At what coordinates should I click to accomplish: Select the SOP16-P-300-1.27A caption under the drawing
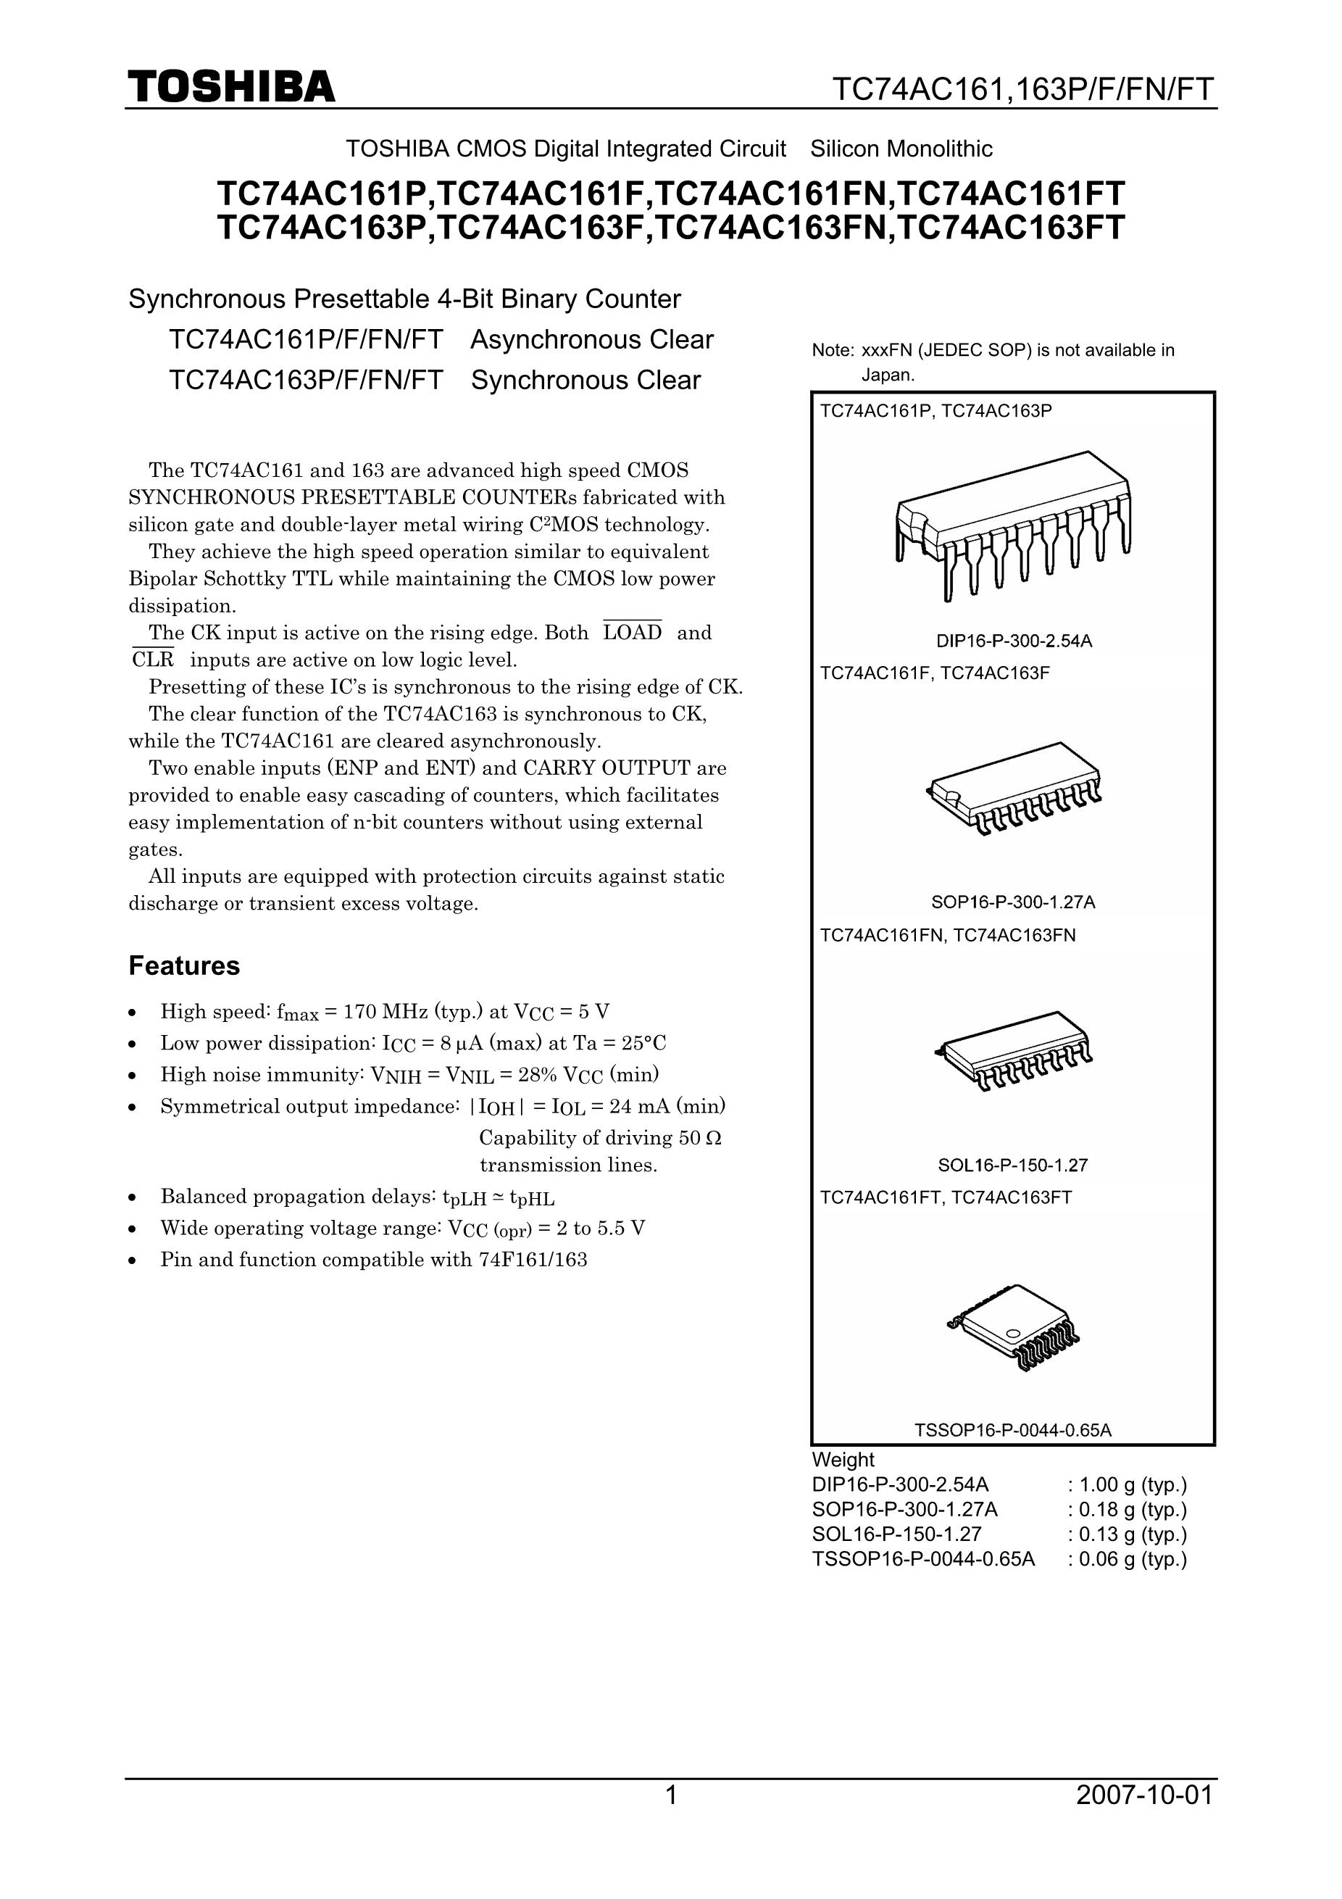[1013, 902]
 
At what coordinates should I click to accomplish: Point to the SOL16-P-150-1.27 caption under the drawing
[1013, 1165]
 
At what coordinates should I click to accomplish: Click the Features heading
[183, 966]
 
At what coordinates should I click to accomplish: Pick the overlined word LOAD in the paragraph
[633, 633]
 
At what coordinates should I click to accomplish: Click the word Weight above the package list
[843, 1460]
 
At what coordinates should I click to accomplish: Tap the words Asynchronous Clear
[592, 340]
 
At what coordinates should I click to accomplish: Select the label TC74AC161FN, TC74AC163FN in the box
[948, 936]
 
